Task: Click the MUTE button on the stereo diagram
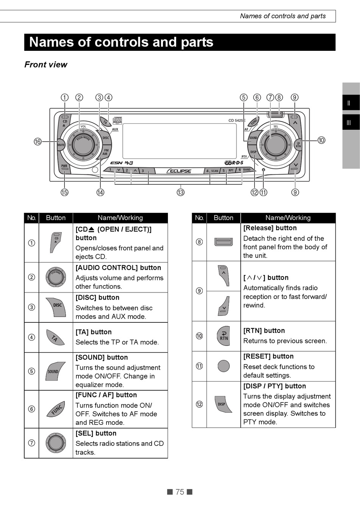[x=61, y=145]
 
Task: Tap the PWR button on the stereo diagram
[x=64, y=166]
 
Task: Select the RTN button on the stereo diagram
[x=298, y=145]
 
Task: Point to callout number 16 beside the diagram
[x=38, y=142]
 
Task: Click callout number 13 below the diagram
[x=181, y=192]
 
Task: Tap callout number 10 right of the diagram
[x=321, y=140]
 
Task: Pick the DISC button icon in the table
[x=56, y=306]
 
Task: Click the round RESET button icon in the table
[x=224, y=366]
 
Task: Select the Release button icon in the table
[x=224, y=242]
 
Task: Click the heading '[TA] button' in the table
[x=94, y=332]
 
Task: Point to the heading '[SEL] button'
[x=96, y=433]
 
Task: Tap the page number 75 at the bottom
[x=180, y=492]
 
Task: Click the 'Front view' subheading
[x=46, y=64]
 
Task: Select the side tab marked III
[x=349, y=123]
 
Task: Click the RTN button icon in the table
[x=224, y=336]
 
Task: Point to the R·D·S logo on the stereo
[x=234, y=163]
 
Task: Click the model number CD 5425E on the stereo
[x=237, y=121]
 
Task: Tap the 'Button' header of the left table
[x=56, y=218]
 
